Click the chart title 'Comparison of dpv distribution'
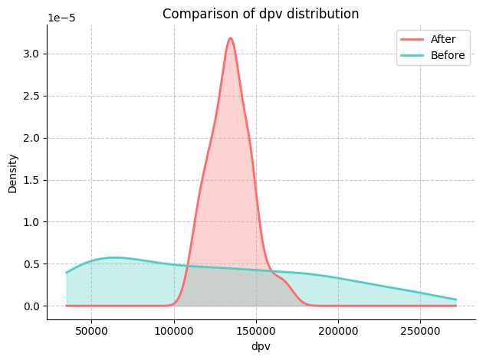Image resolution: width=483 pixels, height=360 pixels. point(261,14)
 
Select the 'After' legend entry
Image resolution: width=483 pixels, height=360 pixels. point(443,39)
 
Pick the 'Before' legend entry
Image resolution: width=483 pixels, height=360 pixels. point(448,55)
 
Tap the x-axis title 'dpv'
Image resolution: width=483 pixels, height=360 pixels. point(261,346)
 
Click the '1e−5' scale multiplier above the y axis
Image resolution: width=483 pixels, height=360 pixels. point(61,18)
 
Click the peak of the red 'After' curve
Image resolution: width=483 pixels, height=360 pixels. point(230,38)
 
